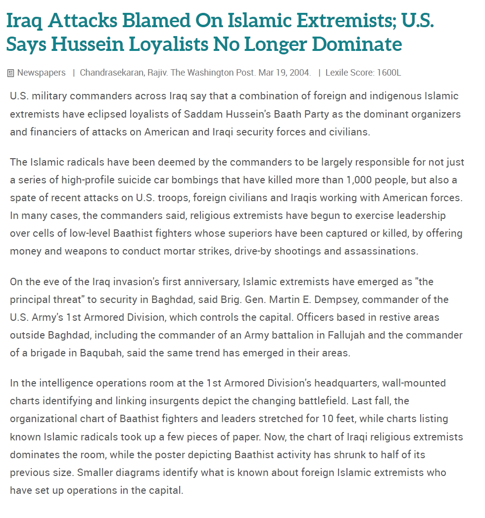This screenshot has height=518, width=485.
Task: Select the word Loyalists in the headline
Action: tap(168, 44)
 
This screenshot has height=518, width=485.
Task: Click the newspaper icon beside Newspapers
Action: tap(10, 73)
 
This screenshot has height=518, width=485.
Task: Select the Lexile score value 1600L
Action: tap(388, 73)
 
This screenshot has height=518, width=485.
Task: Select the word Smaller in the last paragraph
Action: tap(97, 472)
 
